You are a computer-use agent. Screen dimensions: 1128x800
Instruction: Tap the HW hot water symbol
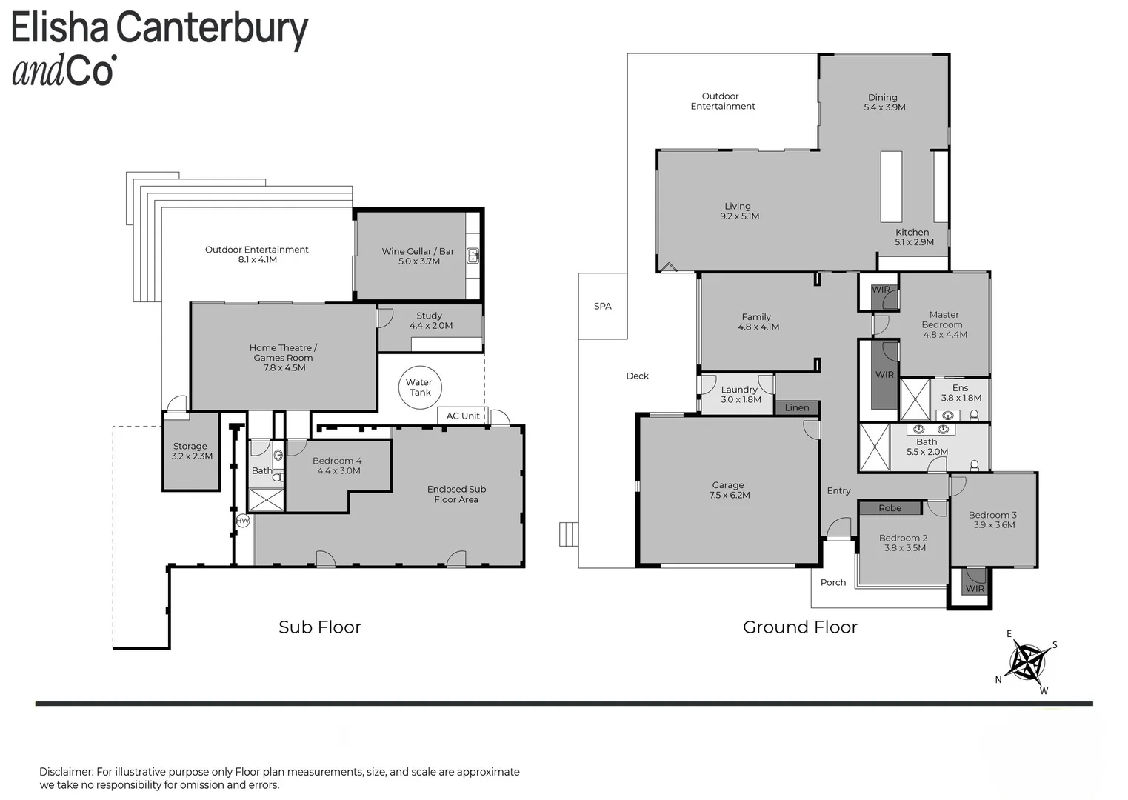coord(243,521)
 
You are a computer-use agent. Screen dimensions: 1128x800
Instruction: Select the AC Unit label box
coord(463,416)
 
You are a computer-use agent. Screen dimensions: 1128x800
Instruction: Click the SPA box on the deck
coord(603,306)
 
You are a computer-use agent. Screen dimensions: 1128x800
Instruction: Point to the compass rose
coord(1028,661)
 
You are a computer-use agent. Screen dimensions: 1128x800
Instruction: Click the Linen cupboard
coord(797,407)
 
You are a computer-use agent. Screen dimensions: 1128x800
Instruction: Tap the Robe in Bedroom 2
coord(890,508)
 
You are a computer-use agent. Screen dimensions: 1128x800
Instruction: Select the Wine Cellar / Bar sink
coord(473,256)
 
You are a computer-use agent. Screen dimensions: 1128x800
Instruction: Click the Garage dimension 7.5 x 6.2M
coord(730,496)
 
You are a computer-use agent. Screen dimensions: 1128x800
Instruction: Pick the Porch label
coord(833,582)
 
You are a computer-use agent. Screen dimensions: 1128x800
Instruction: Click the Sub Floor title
coord(320,627)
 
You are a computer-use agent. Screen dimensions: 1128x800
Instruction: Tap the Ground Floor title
coord(800,627)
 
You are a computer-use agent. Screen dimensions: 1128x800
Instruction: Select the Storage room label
coord(190,447)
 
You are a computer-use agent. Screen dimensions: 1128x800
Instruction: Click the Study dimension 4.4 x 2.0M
coord(431,325)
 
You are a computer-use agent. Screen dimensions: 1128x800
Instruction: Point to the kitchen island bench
coord(891,187)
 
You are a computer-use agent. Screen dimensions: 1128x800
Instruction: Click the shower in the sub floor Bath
coord(267,500)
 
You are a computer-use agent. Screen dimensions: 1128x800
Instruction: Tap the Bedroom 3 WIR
coord(975,582)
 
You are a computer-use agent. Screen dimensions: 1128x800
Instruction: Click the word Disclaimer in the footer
coord(66,772)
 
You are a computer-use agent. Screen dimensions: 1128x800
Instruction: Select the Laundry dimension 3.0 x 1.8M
coord(741,399)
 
